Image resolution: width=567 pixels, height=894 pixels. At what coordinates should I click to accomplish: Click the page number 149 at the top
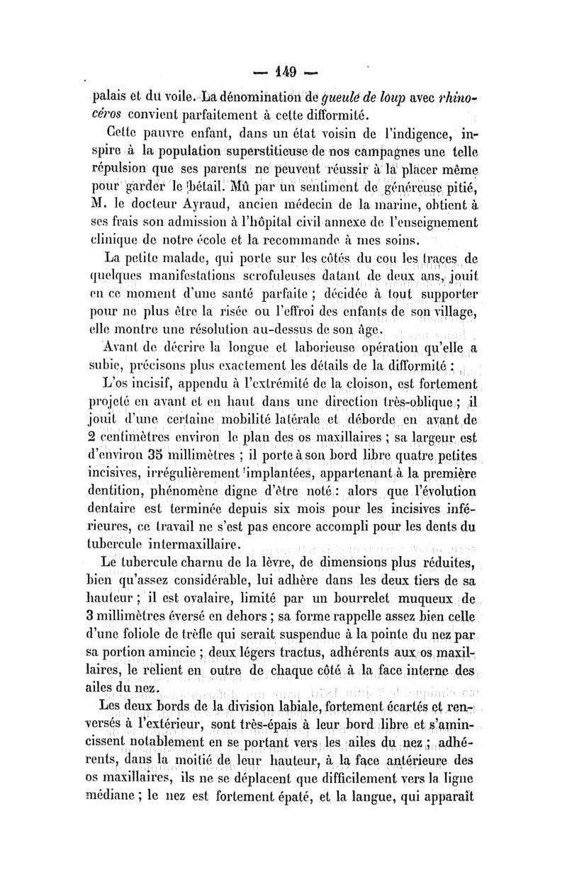282,71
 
